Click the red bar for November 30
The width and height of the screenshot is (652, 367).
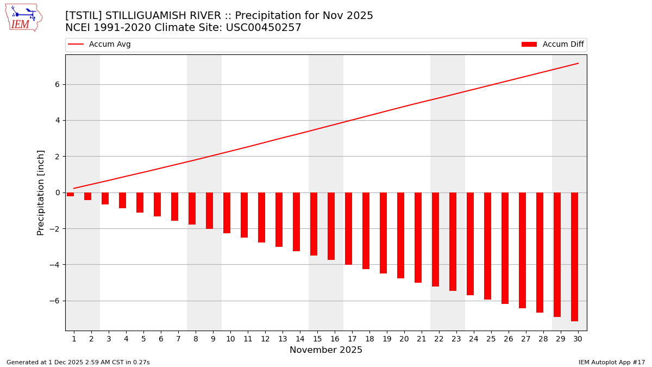click(574, 257)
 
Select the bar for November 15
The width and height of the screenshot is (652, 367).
click(314, 224)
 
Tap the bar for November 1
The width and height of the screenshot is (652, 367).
click(70, 194)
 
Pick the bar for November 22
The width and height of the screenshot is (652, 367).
click(435, 239)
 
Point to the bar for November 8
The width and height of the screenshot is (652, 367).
click(192, 208)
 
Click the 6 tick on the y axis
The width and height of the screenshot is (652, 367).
click(57, 84)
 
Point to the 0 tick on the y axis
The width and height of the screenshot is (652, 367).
click(57, 192)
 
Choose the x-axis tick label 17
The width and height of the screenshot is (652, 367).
click(352, 339)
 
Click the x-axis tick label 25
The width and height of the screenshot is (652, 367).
click(491, 339)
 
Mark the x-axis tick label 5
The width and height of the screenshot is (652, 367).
click(143, 339)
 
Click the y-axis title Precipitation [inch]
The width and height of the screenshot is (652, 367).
click(41, 192)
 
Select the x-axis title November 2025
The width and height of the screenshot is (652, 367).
click(326, 350)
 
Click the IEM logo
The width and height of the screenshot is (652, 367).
click(23, 17)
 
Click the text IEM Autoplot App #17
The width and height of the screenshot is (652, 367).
click(611, 362)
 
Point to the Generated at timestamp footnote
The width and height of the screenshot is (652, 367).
click(78, 362)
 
